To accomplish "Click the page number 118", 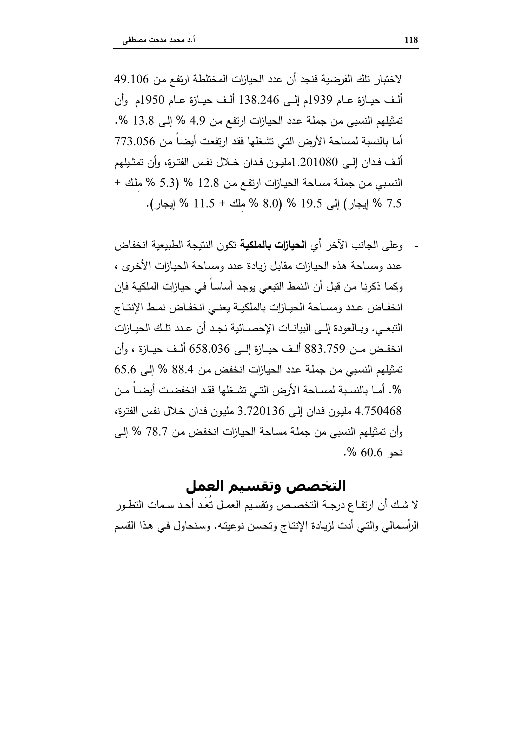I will coord(411,40).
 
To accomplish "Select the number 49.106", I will coord(132,80).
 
